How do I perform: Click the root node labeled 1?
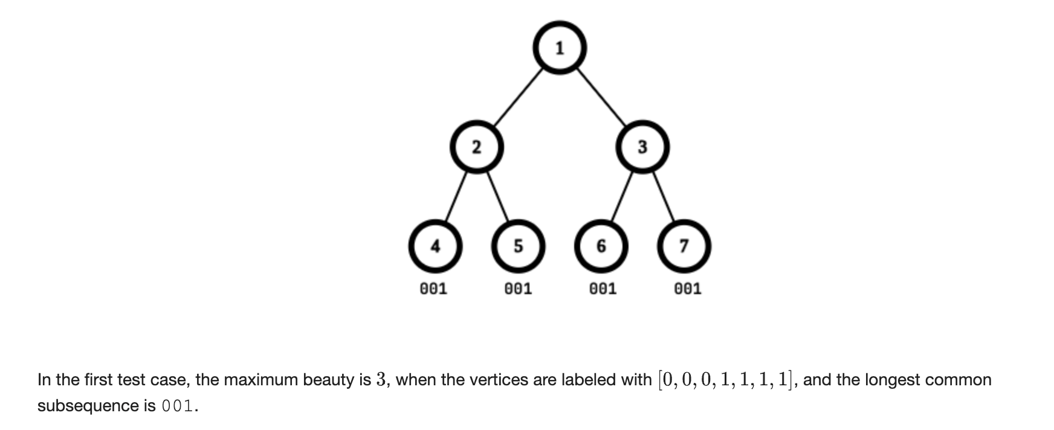[560, 48]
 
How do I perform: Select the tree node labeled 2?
[477, 147]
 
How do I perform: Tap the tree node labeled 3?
[642, 147]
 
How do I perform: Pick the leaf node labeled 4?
[435, 246]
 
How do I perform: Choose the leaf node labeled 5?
[518, 246]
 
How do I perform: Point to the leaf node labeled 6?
[601, 246]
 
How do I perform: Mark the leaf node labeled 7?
[684, 246]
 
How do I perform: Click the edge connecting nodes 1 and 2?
[518, 97]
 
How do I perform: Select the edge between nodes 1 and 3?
[601, 97]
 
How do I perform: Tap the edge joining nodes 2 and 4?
[456, 196]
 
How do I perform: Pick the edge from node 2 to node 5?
[498, 196]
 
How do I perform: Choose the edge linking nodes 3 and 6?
[622, 196]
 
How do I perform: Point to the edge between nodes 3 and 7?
[664, 196]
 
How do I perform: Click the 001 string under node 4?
[433, 289]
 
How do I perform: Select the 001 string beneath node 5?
[518, 289]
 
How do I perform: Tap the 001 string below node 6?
[603, 289]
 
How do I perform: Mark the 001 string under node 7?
[687, 289]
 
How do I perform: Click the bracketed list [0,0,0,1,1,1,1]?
[725, 379]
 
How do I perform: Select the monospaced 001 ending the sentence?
[177, 406]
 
